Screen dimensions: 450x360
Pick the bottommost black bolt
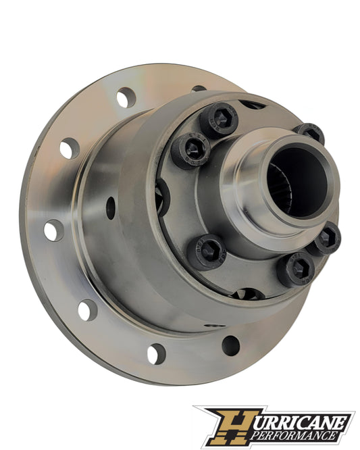295,268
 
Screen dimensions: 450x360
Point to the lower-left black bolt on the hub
207,251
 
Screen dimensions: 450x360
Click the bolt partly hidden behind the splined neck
309,132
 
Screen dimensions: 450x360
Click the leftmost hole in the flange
53,230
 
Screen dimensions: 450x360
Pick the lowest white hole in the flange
156,353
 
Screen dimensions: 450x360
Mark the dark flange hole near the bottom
230,345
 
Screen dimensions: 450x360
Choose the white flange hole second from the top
70,147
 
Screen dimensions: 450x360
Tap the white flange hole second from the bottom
86,310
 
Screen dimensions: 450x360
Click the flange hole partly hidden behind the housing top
199,89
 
